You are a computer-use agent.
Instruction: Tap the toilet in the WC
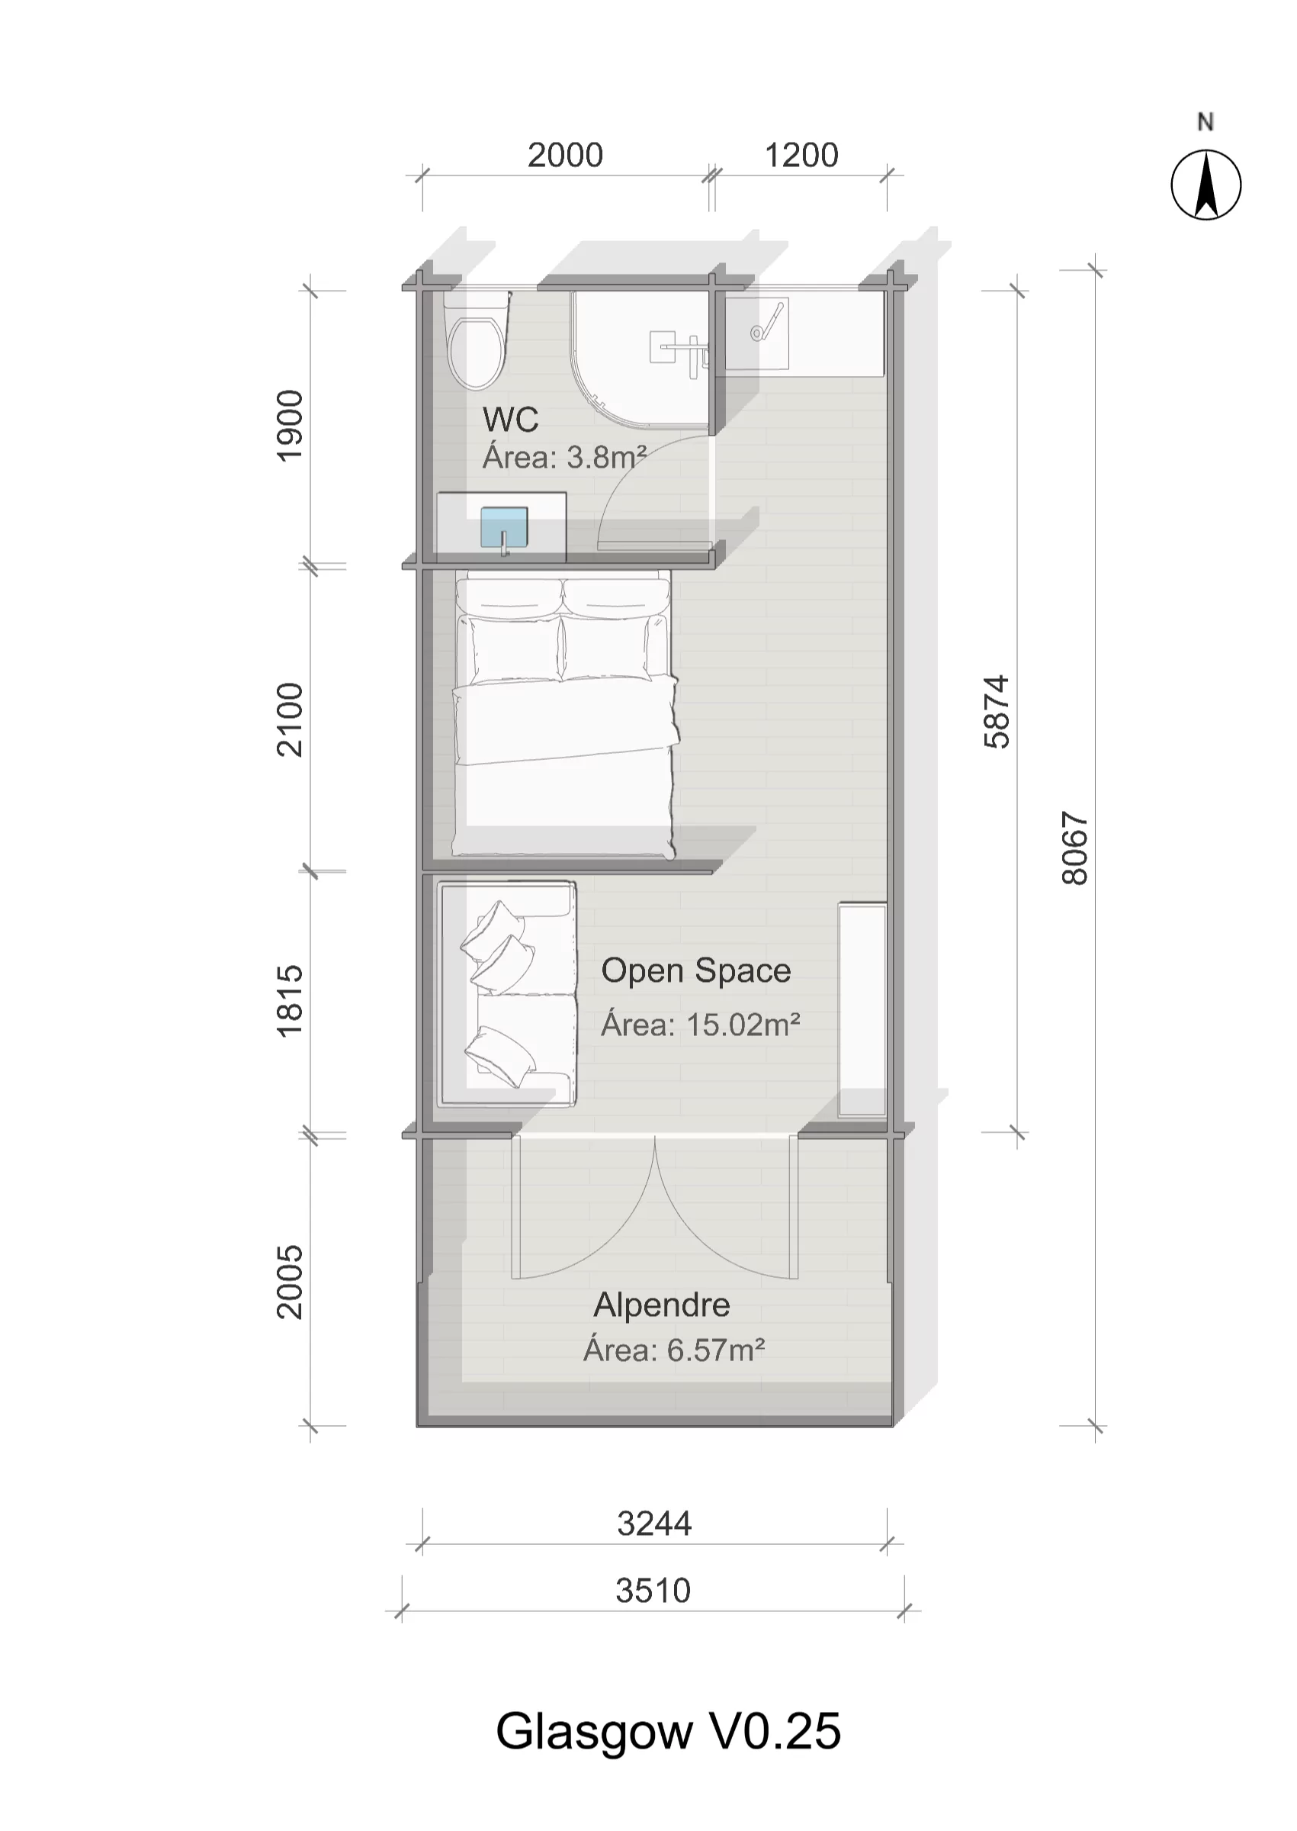click(x=477, y=340)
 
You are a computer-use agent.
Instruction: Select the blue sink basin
click(x=504, y=527)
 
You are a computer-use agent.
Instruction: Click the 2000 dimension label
click(x=565, y=155)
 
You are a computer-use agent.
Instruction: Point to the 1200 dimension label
click(x=801, y=155)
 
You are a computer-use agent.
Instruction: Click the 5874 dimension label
click(x=997, y=712)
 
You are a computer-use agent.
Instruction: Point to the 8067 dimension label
click(x=1075, y=848)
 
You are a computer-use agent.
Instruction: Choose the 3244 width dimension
click(x=654, y=1524)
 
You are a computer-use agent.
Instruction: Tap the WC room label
click(x=510, y=420)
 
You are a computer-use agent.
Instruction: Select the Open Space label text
click(x=695, y=971)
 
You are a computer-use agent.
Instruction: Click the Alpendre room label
click(x=661, y=1305)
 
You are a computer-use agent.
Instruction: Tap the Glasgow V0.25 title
click(x=669, y=1732)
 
